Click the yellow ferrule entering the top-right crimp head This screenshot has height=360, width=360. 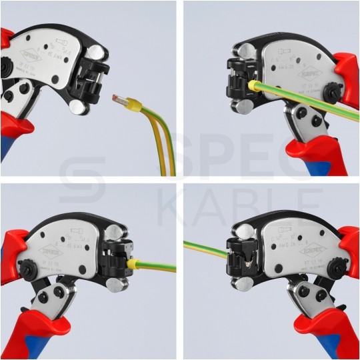pos(253,87)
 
